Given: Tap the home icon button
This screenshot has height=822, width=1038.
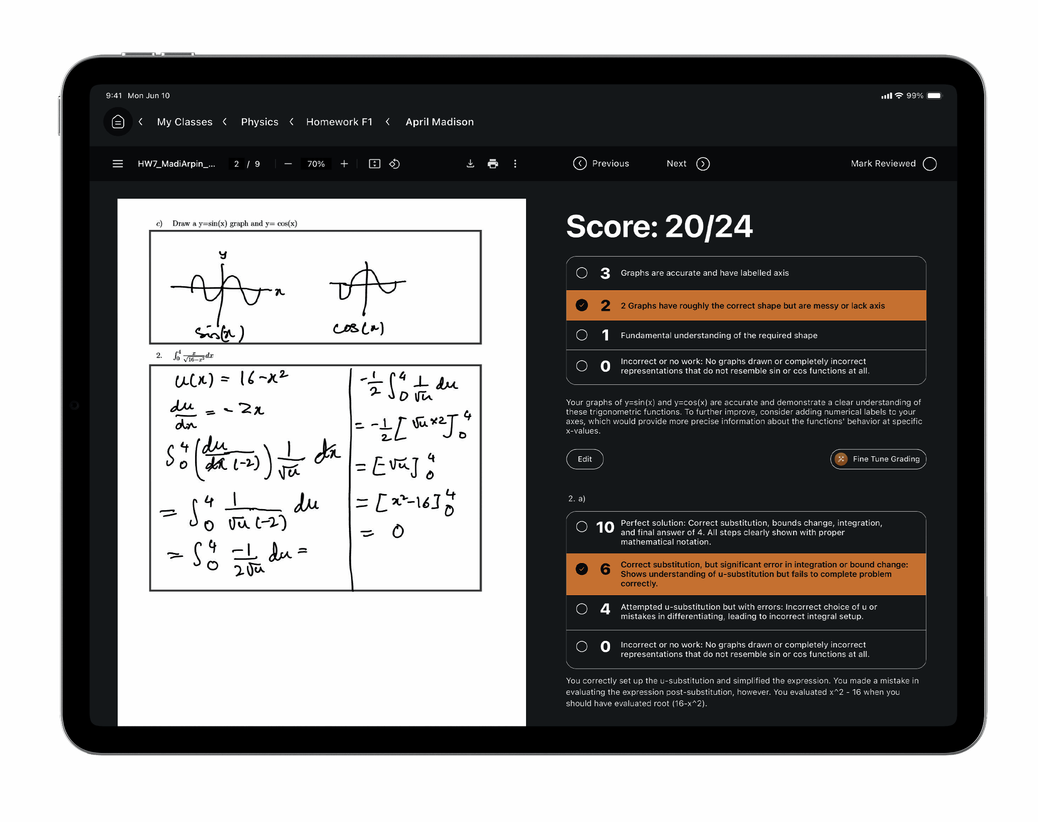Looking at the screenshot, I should (x=118, y=122).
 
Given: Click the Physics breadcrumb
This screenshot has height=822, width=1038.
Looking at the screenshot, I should (x=259, y=122).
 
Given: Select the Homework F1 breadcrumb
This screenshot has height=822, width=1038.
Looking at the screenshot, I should (x=339, y=122).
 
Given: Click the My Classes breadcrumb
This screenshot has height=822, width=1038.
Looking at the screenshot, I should (x=185, y=122).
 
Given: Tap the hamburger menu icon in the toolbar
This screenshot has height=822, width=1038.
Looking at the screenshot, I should (x=118, y=163).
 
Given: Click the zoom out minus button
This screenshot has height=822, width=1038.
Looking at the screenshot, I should (x=288, y=163).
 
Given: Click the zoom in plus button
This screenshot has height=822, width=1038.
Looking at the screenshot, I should (x=344, y=163).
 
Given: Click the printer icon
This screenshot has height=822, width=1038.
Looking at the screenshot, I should (x=493, y=163).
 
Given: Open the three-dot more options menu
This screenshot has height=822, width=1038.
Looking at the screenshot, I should (x=515, y=163).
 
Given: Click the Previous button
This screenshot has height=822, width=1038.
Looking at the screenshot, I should (x=601, y=163).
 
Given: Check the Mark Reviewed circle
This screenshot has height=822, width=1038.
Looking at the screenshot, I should (x=930, y=163).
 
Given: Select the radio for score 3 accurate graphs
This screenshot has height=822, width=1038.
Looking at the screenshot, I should (x=582, y=273).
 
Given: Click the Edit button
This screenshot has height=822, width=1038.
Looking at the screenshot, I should (x=584, y=459).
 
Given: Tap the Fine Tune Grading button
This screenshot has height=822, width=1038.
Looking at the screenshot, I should (x=878, y=459).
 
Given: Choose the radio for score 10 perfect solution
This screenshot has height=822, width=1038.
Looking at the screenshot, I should (x=582, y=527).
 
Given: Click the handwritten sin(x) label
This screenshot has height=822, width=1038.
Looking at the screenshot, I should (x=220, y=332).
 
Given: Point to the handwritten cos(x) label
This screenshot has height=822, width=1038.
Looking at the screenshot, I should (x=359, y=328).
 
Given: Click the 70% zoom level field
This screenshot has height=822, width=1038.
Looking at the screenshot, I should (x=316, y=163).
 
